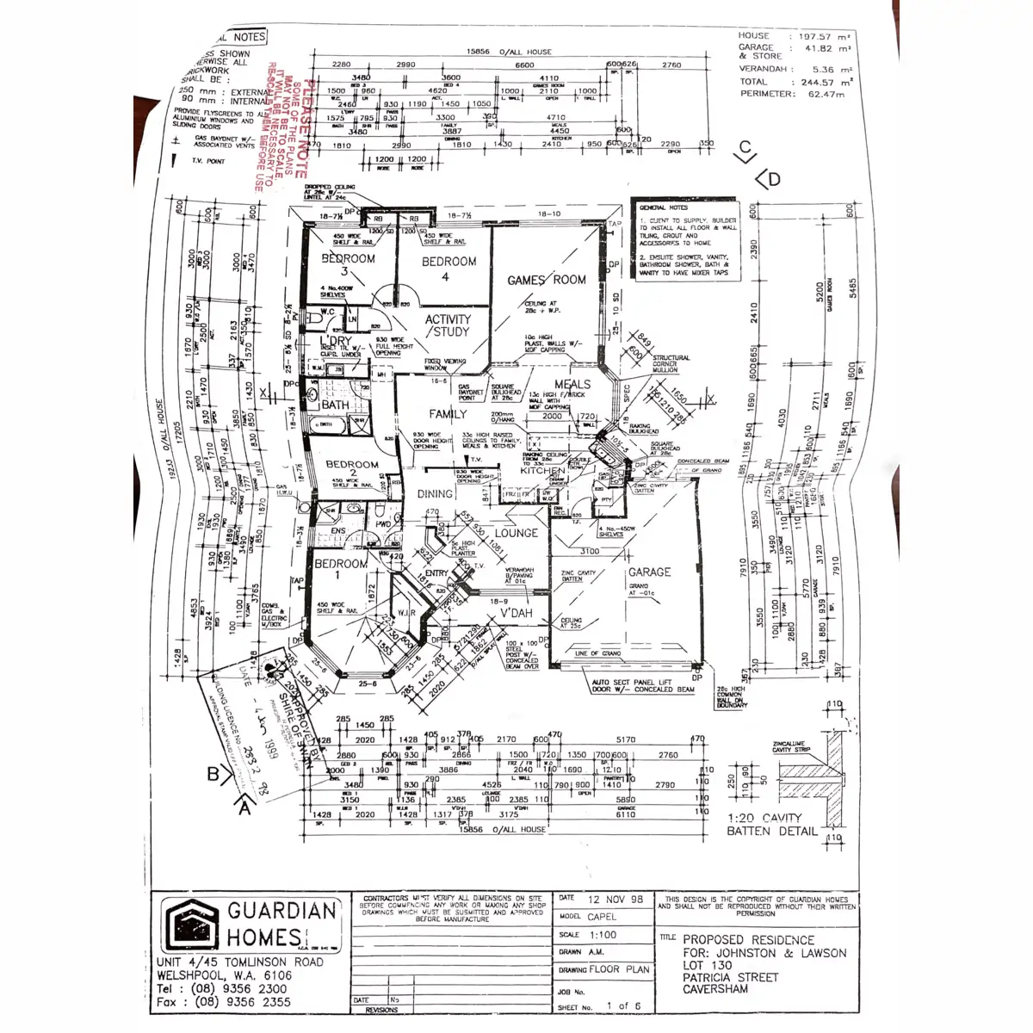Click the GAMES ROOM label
(x=546, y=280)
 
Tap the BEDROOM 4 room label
(x=448, y=268)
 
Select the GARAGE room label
(x=649, y=572)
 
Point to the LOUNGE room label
(x=516, y=533)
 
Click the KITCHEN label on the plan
(x=542, y=471)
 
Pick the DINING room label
(x=435, y=494)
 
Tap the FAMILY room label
(x=448, y=414)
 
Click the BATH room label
(x=335, y=405)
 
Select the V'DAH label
(x=516, y=613)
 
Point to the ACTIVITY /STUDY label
(x=448, y=325)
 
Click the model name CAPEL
(x=602, y=917)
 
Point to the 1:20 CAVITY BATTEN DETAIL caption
(x=771, y=825)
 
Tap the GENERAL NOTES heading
(x=664, y=208)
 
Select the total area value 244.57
(x=816, y=83)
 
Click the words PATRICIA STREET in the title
(x=730, y=977)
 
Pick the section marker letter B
(x=213, y=774)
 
